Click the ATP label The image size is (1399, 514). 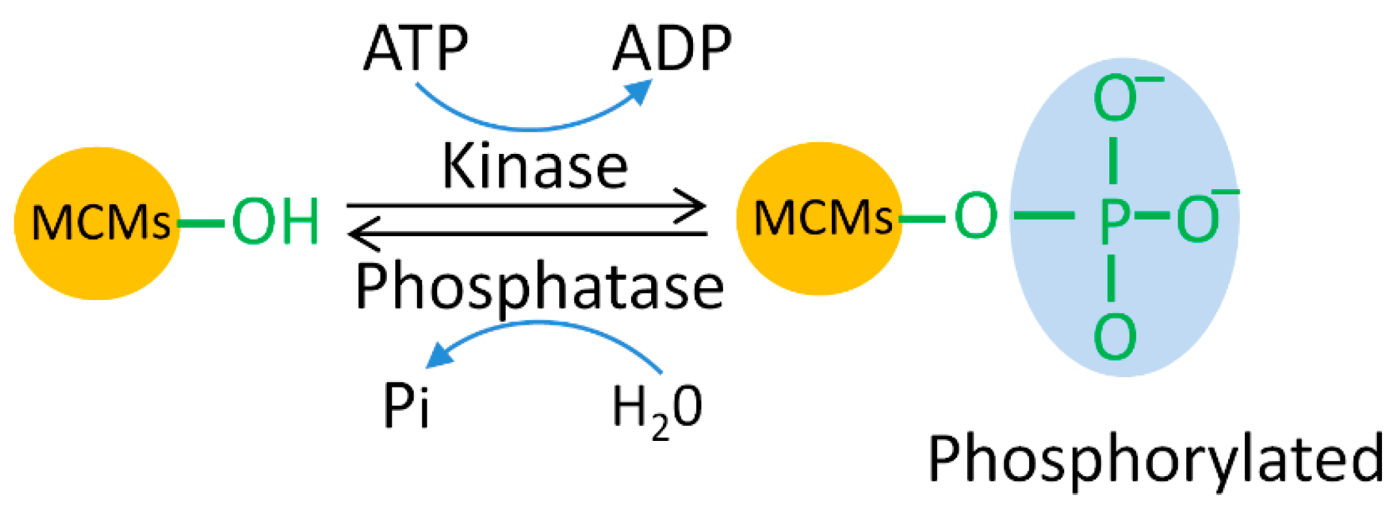coord(416,48)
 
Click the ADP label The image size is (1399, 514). coord(672,48)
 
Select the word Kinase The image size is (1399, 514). coord(535,167)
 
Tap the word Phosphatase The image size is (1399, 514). coord(539,287)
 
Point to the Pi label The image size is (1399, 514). coord(406,405)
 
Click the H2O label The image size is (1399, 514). coord(656,408)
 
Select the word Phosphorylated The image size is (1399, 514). coord(1155,460)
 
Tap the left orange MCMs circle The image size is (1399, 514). coord(98,223)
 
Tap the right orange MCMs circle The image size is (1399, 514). coord(820,218)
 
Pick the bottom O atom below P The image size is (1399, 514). coord(1115,336)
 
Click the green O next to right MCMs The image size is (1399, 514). coord(976,216)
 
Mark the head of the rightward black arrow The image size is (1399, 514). coord(696,206)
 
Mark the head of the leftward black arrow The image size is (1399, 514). coord(360,234)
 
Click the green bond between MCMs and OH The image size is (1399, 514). coord(201,224)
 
